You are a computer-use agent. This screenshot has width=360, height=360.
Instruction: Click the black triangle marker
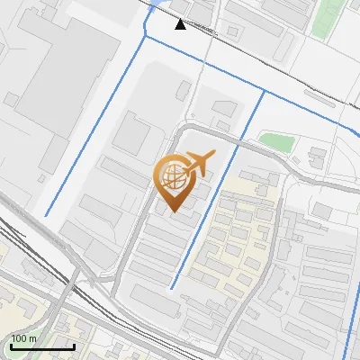click(181, 23)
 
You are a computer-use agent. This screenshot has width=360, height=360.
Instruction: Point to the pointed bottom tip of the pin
click(173, 211)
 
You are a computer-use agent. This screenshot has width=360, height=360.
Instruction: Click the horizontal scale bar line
click(42, 346)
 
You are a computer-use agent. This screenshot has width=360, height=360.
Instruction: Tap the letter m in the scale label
click(33, 338)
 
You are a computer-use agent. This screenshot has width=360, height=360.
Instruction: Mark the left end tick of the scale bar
click(11, 345)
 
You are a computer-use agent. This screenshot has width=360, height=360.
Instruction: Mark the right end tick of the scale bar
click(74, 345)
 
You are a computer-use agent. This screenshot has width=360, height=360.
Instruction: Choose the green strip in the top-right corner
click(328, 18)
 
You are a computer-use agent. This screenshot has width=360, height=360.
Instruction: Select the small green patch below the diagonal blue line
click(279, 141)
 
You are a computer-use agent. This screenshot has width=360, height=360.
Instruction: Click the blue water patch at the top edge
click(158, 7)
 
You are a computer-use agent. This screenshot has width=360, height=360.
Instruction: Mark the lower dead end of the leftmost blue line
click(45, 215)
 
